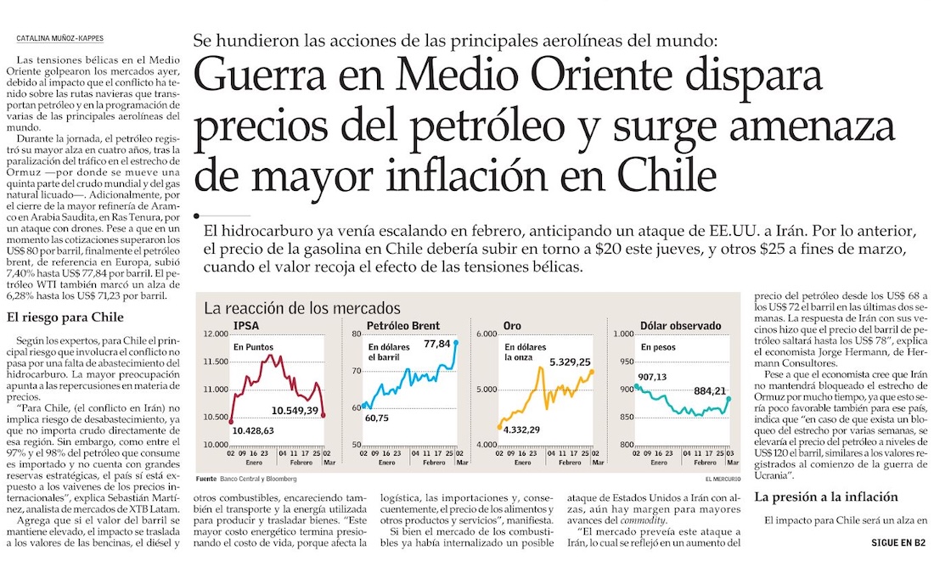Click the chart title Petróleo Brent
click(x=402, y=326)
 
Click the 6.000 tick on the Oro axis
click(x=486, y=334)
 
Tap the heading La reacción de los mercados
click(x=302, y=307)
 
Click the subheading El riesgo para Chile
click(x=65, y=318)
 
